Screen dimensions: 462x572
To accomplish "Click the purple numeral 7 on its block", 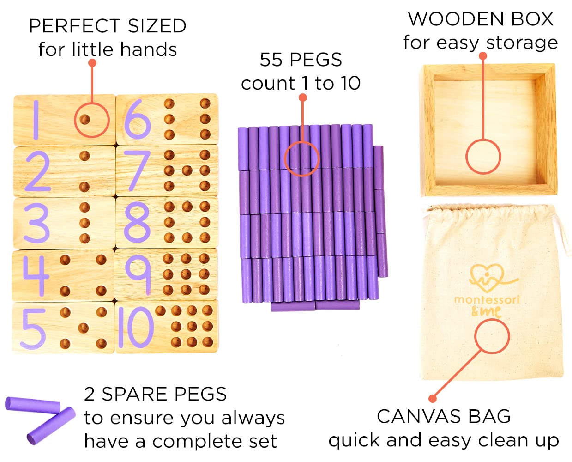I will pyautogui.click(x=138, y=170).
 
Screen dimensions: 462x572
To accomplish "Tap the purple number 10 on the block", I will pyautogui.click(x=135, y=328).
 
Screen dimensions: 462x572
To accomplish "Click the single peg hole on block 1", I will pyautogui.click(x=84, y=120).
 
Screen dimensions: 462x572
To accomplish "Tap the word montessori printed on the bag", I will pyautogui.click(x=487, y=299).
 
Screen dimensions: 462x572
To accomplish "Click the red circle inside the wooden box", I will pyautogui.click(x=483, y=157).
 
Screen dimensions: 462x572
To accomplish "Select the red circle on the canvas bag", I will pyautogui.click(x=492, y=336).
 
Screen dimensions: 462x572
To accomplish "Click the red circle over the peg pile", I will pyautogui.click(x=301, y=159).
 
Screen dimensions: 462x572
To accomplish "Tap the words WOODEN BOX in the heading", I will pyautogui.click(x=481, y=19).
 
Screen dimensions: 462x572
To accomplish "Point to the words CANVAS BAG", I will pyautogui.click(x=444, y=416).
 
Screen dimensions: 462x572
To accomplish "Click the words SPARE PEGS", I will pyautogui.click(x=164, y=394).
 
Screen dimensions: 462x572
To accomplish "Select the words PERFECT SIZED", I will pyautogui.click(x=108, y=26).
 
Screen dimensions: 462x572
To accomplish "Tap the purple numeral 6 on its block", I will pyautogui.click(x=137, y=120).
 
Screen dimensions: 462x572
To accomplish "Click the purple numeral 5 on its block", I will pyautogui.click(x=34, y=328).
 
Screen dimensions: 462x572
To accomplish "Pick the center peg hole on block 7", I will pyautogui.click(x=187, y=170).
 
